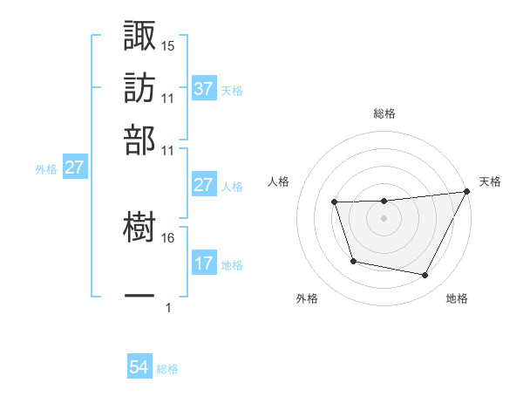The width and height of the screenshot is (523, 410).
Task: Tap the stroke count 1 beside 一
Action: pos(168,307)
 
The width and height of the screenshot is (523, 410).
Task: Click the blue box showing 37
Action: pos(203,88)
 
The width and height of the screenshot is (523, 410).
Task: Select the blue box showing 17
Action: pos(203,263)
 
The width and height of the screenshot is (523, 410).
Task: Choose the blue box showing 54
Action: pos(139,368)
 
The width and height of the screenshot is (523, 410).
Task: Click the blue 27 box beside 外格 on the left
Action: pos(74,167)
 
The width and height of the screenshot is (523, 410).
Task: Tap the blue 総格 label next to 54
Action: pos(167,369)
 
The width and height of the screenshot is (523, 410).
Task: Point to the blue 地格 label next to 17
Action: pos(232,264)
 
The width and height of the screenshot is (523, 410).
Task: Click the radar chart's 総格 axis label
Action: pos(384,114)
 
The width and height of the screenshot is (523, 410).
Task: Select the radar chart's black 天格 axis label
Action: pos(490,181)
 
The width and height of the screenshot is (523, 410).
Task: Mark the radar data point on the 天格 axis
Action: pos(468,192)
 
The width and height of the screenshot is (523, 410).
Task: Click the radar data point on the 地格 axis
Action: pos(425,276)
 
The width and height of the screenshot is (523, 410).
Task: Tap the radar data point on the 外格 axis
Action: pos(353,261)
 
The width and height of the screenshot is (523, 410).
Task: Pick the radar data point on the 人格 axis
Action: pos(335,203)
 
